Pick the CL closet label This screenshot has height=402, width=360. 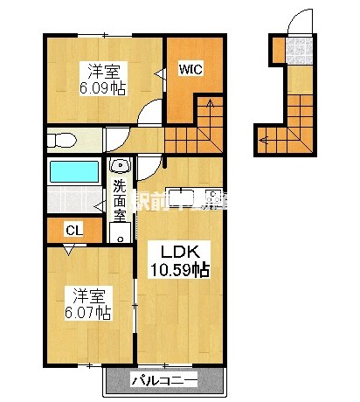(73, 231)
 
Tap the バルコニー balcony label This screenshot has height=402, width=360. (163, 380)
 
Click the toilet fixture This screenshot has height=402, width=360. (63, 140)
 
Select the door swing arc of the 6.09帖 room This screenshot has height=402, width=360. (152, 112)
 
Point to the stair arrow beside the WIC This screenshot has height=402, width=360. (207, 113)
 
